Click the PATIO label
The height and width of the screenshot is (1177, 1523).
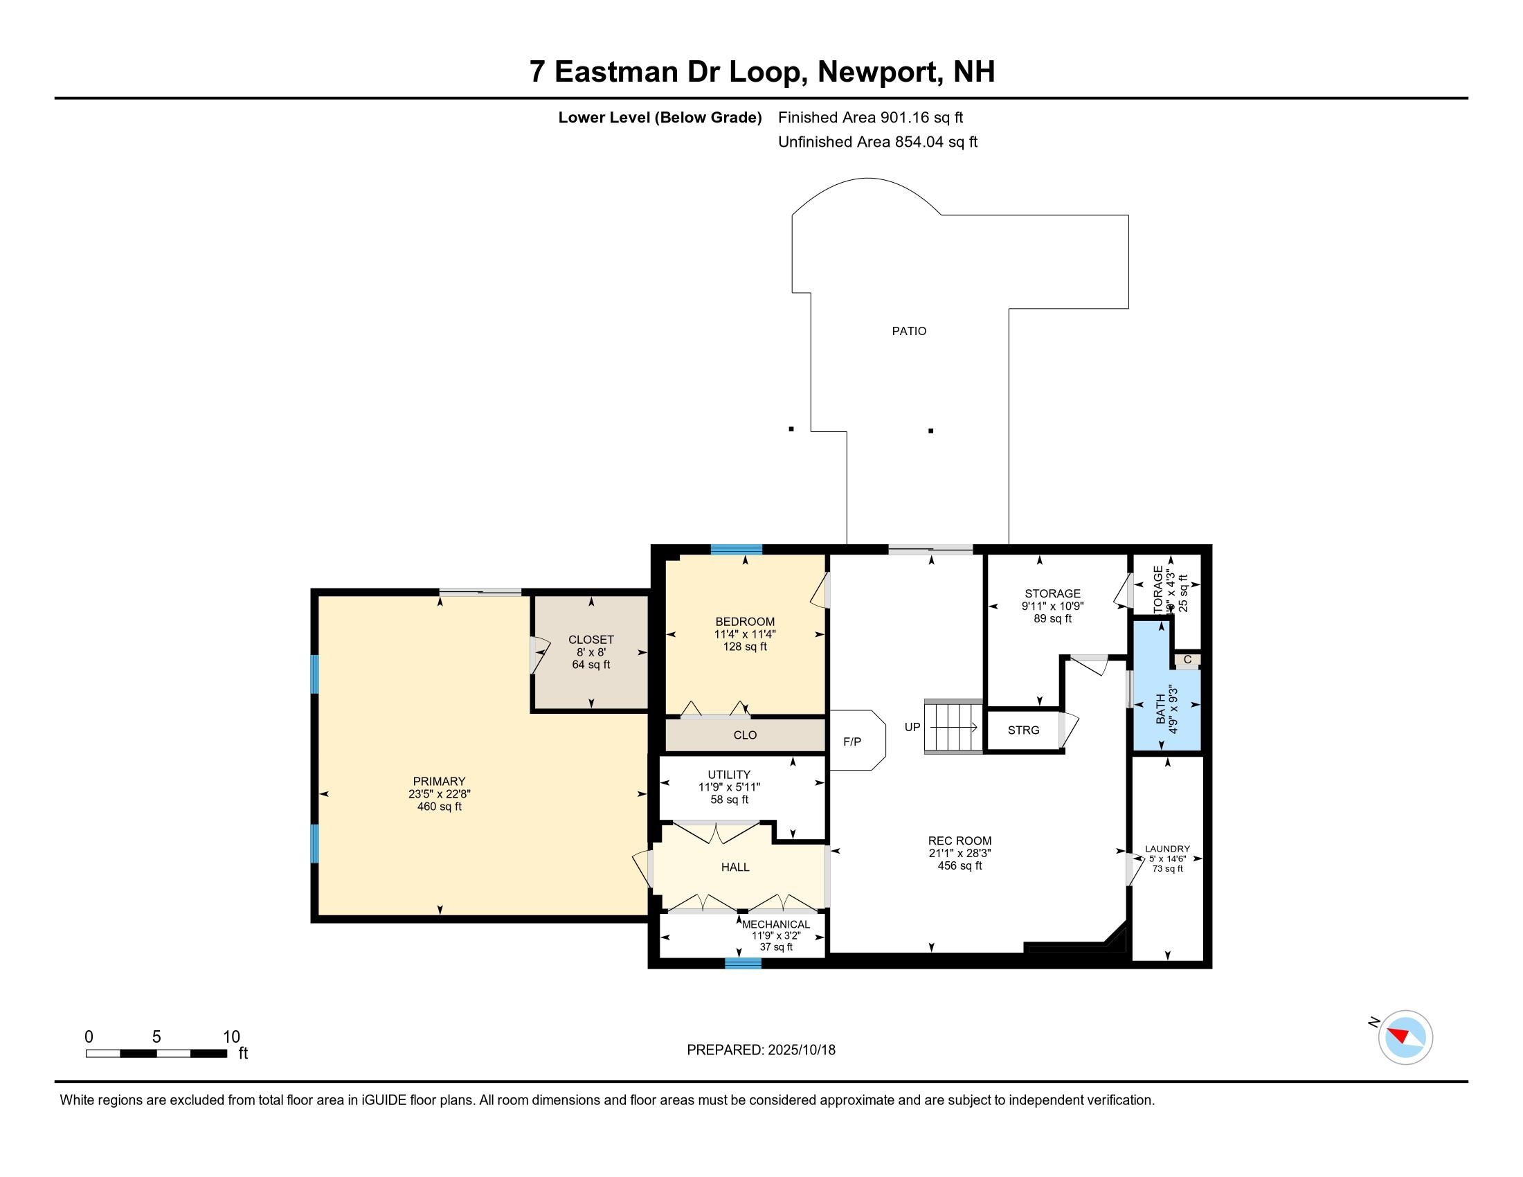[x=909, y=331]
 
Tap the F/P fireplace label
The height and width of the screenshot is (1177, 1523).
[x=851, y=742]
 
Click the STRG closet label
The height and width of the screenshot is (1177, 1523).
[x=1023, y=730]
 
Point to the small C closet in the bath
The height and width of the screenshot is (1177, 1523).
[x=1187, y=660]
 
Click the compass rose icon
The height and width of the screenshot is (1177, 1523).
[x=1405, y=1037]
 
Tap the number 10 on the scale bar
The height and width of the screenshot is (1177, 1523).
[x=231, y=1037]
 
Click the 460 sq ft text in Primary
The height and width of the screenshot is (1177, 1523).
[x=439, y=807]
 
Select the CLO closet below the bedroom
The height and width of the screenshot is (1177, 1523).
[x=745, y=735]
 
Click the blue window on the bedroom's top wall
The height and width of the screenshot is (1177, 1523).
[x=737, y=550]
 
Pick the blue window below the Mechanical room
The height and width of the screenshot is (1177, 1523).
[x=743, y=964]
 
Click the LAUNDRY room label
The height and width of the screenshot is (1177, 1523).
[x=1167, y=850]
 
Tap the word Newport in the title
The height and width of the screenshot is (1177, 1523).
[x=877, y=72]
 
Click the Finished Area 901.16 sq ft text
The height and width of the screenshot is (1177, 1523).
[x=870, y=118]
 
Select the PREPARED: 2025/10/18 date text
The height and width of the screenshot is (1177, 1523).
[x=761, y=1050]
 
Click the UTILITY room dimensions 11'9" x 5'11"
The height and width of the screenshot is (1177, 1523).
[x=729, y=787]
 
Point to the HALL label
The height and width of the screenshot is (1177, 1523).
[x=735, y=868]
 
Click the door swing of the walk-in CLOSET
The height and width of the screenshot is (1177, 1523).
[x=539, y=656]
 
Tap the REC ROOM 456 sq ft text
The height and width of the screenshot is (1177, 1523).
[x=959, y=866]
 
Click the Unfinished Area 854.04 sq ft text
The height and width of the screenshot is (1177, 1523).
[x=877, y=142]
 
